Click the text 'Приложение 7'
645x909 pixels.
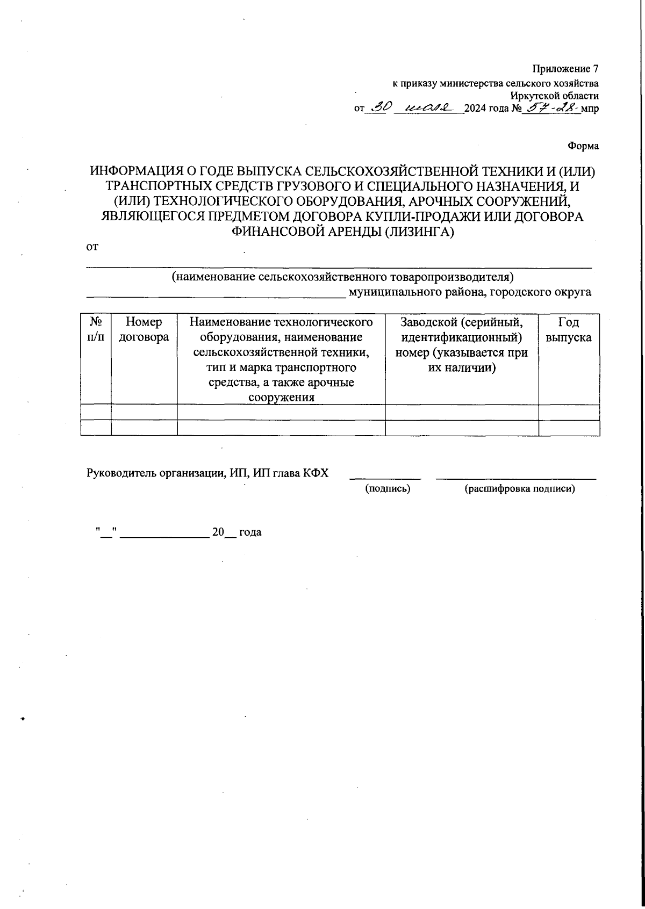[565, 69]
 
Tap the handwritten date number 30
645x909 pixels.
[379, 107]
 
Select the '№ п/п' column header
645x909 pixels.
[96, 329]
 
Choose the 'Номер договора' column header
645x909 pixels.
[144, 329]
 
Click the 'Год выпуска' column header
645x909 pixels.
[569, 329]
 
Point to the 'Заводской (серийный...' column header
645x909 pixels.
[462, 345]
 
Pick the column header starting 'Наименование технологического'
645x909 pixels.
[281, 359]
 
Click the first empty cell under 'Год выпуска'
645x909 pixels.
[569, 412]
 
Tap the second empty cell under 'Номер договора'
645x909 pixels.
[144, 428]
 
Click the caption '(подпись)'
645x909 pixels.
[388, 489]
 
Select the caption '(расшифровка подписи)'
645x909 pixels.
[519, 489]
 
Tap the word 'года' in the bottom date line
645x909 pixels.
[250, 532]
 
